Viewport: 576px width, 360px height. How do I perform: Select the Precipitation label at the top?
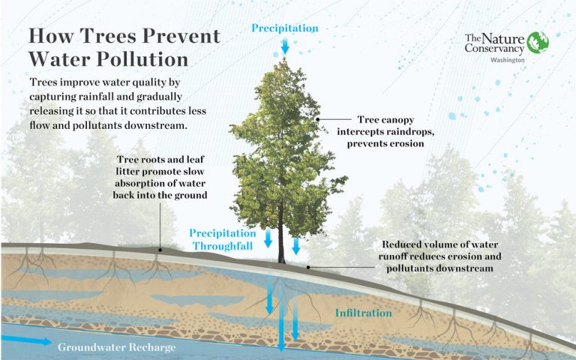pyautogui.click(x=285, y=28)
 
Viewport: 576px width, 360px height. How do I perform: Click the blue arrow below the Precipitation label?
pyautogui.click(x=285, y=46)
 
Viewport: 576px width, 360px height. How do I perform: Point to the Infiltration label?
pyautogui.click(x=364, y=313)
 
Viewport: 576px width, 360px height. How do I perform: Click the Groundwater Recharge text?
pyautogui.click(x=116, y=347)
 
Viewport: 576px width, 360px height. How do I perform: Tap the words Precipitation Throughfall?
pyautogui.click(x=220, y=239)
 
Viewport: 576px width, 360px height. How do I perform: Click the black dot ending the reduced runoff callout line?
pyautogui.click(x=308, y=265)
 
